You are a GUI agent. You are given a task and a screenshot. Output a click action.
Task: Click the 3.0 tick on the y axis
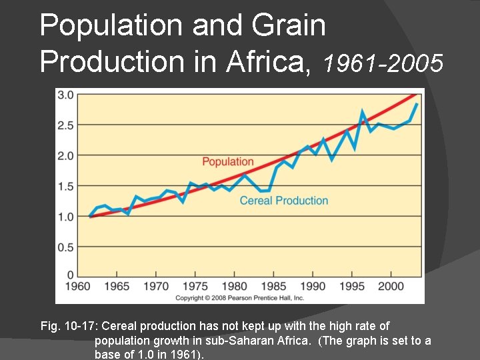tap(65, 95)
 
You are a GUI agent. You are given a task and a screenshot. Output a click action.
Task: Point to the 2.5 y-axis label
tap(65, 125)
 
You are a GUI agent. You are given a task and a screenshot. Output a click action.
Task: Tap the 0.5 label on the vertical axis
tap(65, 247)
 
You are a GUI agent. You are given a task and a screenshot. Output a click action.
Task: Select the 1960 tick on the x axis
tap(77, 286)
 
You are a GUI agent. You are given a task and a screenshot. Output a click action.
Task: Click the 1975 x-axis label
tap(195, 286)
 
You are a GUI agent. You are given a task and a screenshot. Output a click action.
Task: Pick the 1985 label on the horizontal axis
tap(273, 286)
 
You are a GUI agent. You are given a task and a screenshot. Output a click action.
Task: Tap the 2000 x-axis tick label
tap(391, 286)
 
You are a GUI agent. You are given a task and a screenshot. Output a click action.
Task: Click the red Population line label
tap(227, 161)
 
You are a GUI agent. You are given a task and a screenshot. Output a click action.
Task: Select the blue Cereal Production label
tap(283, 201)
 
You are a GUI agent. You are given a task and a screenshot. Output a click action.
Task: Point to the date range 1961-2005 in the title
tap(383, 63)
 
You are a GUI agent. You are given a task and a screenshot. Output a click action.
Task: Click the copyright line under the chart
tap(239, 297)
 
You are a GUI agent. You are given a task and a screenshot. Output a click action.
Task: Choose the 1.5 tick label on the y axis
tap(65, 186)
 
